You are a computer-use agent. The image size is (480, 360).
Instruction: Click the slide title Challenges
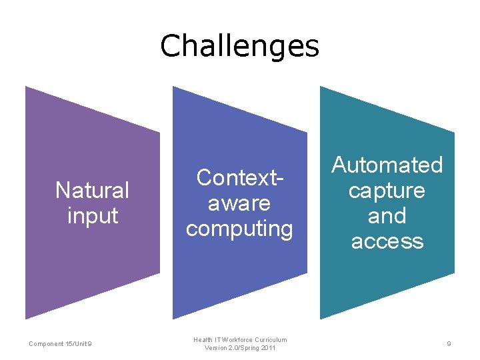[239, 46]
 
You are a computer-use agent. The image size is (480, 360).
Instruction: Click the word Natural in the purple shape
[92, 191]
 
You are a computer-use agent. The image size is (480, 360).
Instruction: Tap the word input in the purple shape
[92, 215]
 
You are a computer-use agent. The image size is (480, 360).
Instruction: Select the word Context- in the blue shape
[239, 177]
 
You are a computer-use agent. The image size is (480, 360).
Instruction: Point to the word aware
[239, 203]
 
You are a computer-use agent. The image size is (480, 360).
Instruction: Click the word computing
[239, 229]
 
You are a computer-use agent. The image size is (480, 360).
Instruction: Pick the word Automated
[387, 165]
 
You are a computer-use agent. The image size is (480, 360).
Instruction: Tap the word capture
[387, 191]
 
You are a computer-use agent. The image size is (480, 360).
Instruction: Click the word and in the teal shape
[387, 215]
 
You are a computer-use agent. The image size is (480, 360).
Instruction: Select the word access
[387, 241]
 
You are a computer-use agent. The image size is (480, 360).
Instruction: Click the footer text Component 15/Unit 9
[61, 344]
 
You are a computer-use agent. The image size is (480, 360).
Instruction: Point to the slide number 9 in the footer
[449, 344]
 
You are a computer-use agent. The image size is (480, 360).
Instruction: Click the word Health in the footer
[203, 340]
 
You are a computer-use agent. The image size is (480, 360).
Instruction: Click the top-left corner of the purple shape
[26, 87]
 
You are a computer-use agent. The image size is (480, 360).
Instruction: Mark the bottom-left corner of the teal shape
[321, 319]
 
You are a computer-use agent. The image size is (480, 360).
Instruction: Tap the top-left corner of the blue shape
[173, 87]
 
